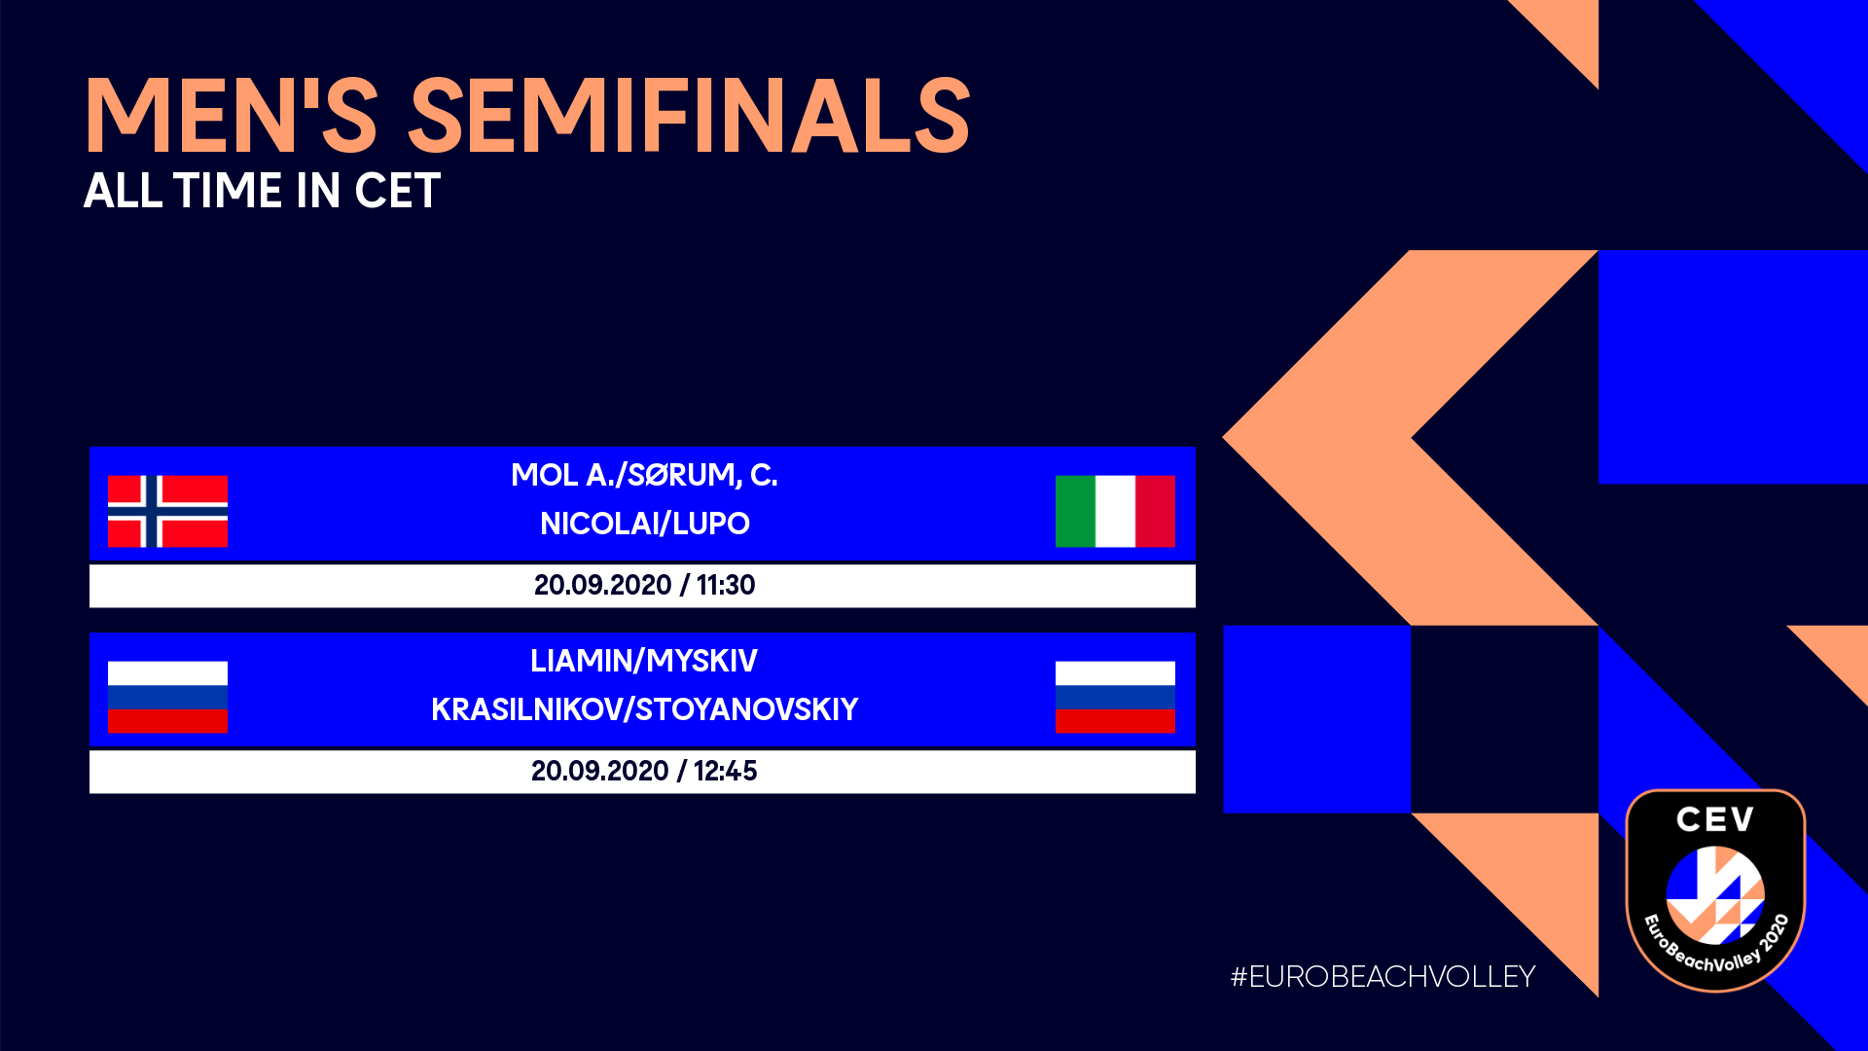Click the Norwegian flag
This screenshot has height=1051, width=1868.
click(x=167, y=511)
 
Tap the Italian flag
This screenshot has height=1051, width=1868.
click(x=1115, y=511)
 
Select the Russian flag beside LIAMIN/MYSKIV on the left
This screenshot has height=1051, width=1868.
click(x=167, y=697)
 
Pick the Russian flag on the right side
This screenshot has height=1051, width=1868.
click(x=1115, y=697)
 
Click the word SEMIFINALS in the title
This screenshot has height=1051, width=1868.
click(x=690, y=116)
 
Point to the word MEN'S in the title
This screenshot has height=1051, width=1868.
click(x=232, y=116)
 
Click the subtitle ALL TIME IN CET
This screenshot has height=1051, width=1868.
click(x=263, y=191)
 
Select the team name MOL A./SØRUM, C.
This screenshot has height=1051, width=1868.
click(x=644, y=475)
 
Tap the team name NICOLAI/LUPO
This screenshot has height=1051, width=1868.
click(x=644, y=524)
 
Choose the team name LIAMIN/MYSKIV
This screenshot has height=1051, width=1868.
click(x=644, y=661)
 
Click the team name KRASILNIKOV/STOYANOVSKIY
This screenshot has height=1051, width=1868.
click(x=644, y=709)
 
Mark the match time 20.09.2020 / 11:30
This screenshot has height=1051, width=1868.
click(x=644, y=585)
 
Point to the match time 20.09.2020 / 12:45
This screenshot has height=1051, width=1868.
click(x=644, y=771)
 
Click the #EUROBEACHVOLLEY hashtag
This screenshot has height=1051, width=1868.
click(x=1383, y=976)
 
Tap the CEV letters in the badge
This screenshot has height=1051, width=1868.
click(x=1715, y=819)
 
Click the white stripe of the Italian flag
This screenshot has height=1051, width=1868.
click(x=1115, y=511)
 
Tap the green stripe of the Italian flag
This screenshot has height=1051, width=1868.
click(x=1075, y=511)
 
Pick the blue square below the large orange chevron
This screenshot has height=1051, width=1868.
click(x=1316, y=719)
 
